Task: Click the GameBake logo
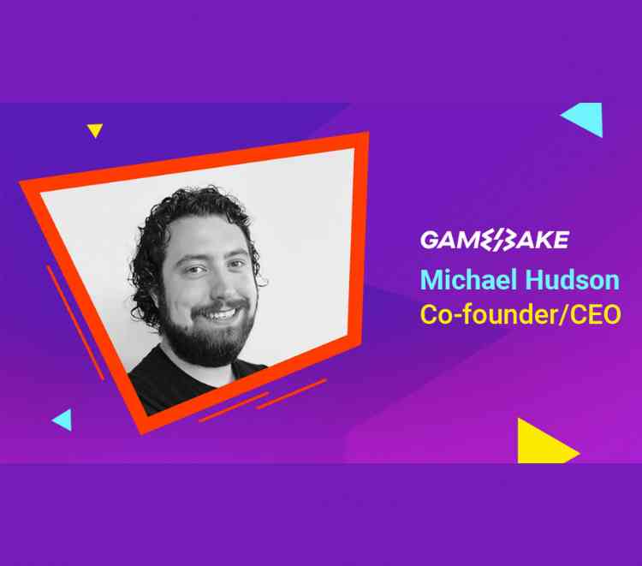(x=493, y=240)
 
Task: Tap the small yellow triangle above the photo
(x=94, y=130)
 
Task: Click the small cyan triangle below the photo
(x=62, y=420)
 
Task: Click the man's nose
(x=211, y=285)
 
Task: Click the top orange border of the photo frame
(x=197, y=159)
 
